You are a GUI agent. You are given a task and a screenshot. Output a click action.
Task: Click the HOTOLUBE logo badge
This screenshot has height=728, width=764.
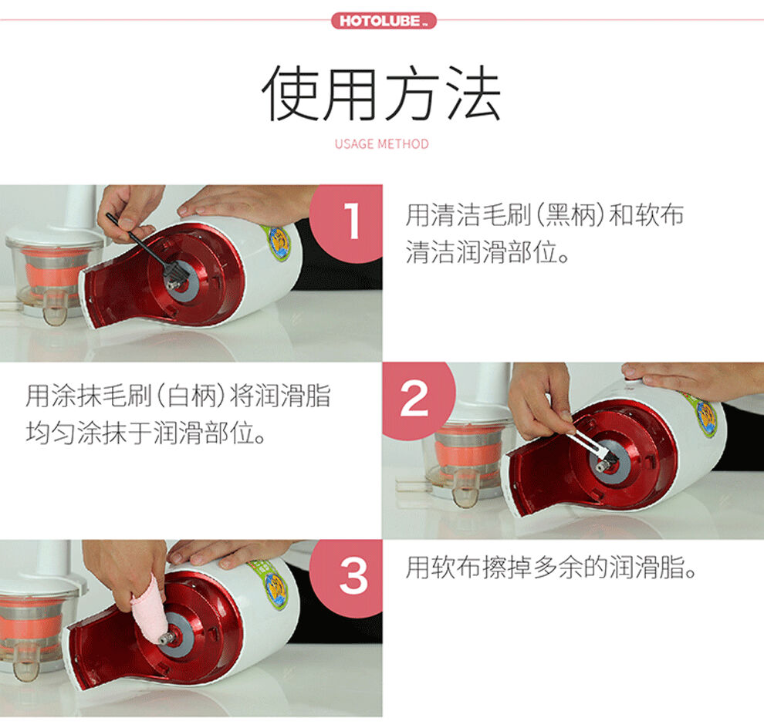pyautogui.click(x=384, y=21)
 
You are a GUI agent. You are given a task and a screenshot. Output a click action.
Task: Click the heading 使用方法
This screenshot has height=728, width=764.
pyautogui.click(x=381, y=93)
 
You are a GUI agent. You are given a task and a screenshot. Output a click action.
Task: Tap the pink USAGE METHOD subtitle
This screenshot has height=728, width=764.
pyautogui.click(x=381, y=144)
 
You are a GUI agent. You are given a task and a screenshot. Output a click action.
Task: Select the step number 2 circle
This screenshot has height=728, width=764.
pyautogui.click(x=417, y=400)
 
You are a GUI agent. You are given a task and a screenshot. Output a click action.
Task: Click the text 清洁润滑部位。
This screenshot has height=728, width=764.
pyautogui.click(x=487, y=251)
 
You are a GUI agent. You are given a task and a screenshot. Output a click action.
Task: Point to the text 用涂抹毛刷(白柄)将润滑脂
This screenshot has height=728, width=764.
pyautogui.click(x=178, y=396)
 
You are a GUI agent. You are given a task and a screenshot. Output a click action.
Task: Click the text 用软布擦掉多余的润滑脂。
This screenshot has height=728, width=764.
pyautogui.click(x=551, y=568)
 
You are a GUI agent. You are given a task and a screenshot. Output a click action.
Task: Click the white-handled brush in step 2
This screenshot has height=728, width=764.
pyautogui.click(x=590, y=443)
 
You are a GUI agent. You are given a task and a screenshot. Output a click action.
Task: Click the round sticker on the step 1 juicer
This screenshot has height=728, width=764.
pyautogui.click(x=276, y=244)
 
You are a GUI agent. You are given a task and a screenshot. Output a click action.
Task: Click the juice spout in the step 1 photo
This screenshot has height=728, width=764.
pyautogui.click(x=55, y=309)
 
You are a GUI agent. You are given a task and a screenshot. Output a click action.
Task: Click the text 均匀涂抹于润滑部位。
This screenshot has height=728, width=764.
pyautogui.click(x=146, y=433)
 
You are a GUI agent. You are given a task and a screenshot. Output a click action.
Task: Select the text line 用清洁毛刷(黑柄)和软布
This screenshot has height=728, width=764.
pyautogui.click(x=545, y=214)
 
